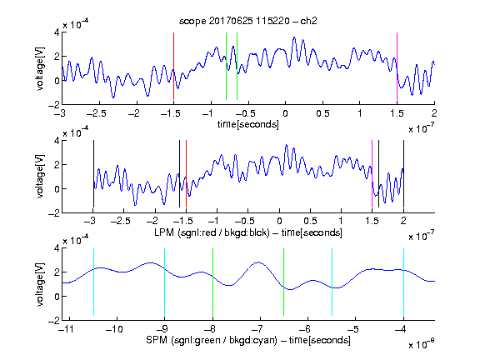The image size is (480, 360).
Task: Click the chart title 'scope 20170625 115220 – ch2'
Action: [x=248, y=21]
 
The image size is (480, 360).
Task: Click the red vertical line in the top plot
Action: [x=173, y=66]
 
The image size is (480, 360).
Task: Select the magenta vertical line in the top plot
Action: [x=397, y=66]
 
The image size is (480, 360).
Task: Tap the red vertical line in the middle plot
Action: [x=186, y=174]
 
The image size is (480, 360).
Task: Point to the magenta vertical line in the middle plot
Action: [x=372, y=174]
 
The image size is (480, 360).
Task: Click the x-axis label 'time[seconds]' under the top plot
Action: [x=248, y=124]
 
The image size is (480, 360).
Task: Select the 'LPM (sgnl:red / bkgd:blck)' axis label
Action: [x=212, y=232]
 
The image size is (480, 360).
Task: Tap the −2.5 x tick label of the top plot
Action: [x=97, y=113]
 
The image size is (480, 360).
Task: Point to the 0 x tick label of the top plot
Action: [x=285, y=113]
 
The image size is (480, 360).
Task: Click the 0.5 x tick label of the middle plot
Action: [x=310, y=221]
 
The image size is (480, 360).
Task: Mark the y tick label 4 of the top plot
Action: [x=57, y=32]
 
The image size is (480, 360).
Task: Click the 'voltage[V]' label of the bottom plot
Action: [x=40, y=284]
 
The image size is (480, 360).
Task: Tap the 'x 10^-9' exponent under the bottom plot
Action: [x=422, y=344]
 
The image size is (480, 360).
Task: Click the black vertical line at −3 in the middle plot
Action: [x=93, y=174]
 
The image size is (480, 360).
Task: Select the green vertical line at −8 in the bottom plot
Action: [x=212, y=282]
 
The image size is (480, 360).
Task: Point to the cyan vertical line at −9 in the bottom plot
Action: [x=164, y=282]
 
